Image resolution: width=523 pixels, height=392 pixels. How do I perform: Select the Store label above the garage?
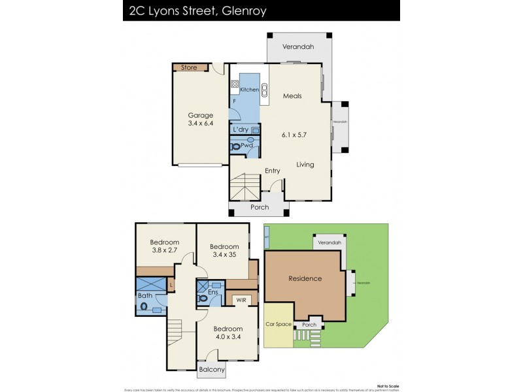(188, 67)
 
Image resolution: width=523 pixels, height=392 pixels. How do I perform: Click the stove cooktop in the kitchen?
(234, 84)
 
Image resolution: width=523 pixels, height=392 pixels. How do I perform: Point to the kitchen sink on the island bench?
(265, 90)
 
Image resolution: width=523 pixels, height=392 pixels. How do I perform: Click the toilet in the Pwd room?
(235, 147)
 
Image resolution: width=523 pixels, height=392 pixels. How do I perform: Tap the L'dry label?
(241, 130)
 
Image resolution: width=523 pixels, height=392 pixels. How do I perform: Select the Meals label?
(292, 96)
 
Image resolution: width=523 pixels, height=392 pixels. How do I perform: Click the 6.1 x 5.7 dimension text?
(294, 135)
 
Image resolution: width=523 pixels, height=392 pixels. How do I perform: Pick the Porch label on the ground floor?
(260, 207)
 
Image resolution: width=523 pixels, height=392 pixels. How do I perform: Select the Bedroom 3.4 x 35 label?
(223, 251)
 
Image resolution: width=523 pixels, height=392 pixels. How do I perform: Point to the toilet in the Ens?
(203, 298)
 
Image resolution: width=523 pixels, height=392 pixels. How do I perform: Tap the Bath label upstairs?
(144, 296)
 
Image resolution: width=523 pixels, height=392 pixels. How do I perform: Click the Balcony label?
(212, 370)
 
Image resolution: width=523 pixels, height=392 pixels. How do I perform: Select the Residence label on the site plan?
(305, 278)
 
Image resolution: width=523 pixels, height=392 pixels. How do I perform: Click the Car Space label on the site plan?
(278, 324)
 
